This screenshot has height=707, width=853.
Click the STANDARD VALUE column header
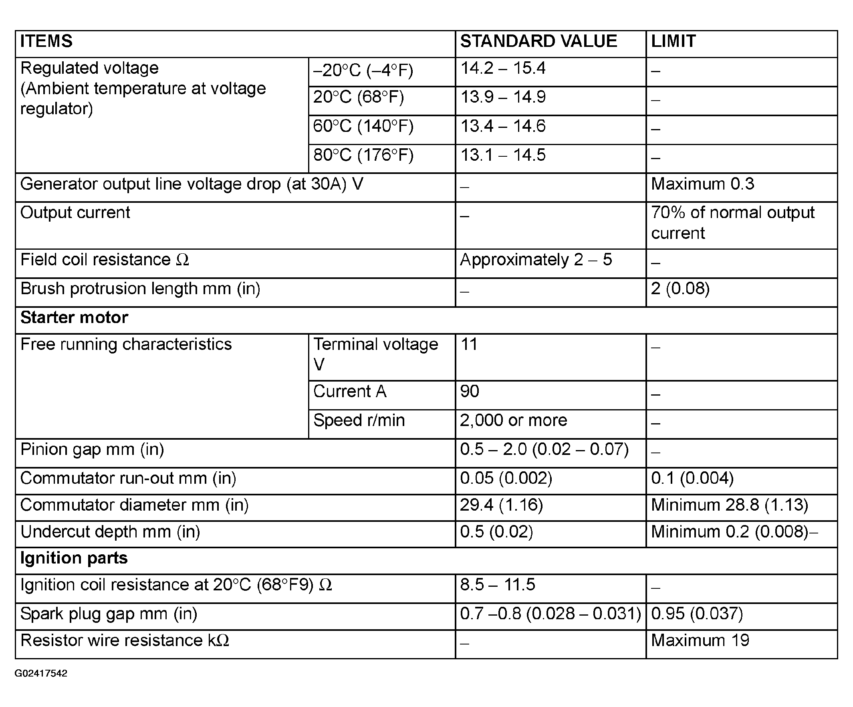(x=538, y=41)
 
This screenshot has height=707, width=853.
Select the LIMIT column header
(x=673, y=41)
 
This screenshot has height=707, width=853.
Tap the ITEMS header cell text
(x=46, y=41)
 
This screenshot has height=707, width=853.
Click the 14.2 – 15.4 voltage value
(x=502, y=68)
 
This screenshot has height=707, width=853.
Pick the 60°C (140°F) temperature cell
(x=363, y=126)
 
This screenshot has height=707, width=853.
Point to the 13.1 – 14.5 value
(x=502, y=155)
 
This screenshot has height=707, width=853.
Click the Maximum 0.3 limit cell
(x=702, y=184)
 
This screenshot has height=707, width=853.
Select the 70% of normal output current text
(x=732, y=223)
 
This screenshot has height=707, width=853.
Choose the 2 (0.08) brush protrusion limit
(x=680, y=289)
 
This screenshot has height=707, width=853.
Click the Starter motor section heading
(x=74, y=317)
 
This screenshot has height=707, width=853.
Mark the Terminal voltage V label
(x=375, y=354)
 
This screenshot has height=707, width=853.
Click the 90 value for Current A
(x=470, y=391)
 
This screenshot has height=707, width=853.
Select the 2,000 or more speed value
(x=513, y=420)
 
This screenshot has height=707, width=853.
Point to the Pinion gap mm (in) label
(x=92, y=449)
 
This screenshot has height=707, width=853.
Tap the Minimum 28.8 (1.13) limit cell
(x=729, y=505)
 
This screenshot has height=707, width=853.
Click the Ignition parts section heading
(x=74, y=558)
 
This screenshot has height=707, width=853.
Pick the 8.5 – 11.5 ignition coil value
(x=497, y=585)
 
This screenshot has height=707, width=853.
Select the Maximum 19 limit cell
(x=700, y=640)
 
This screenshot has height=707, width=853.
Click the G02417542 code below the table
(x=40, y=673)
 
